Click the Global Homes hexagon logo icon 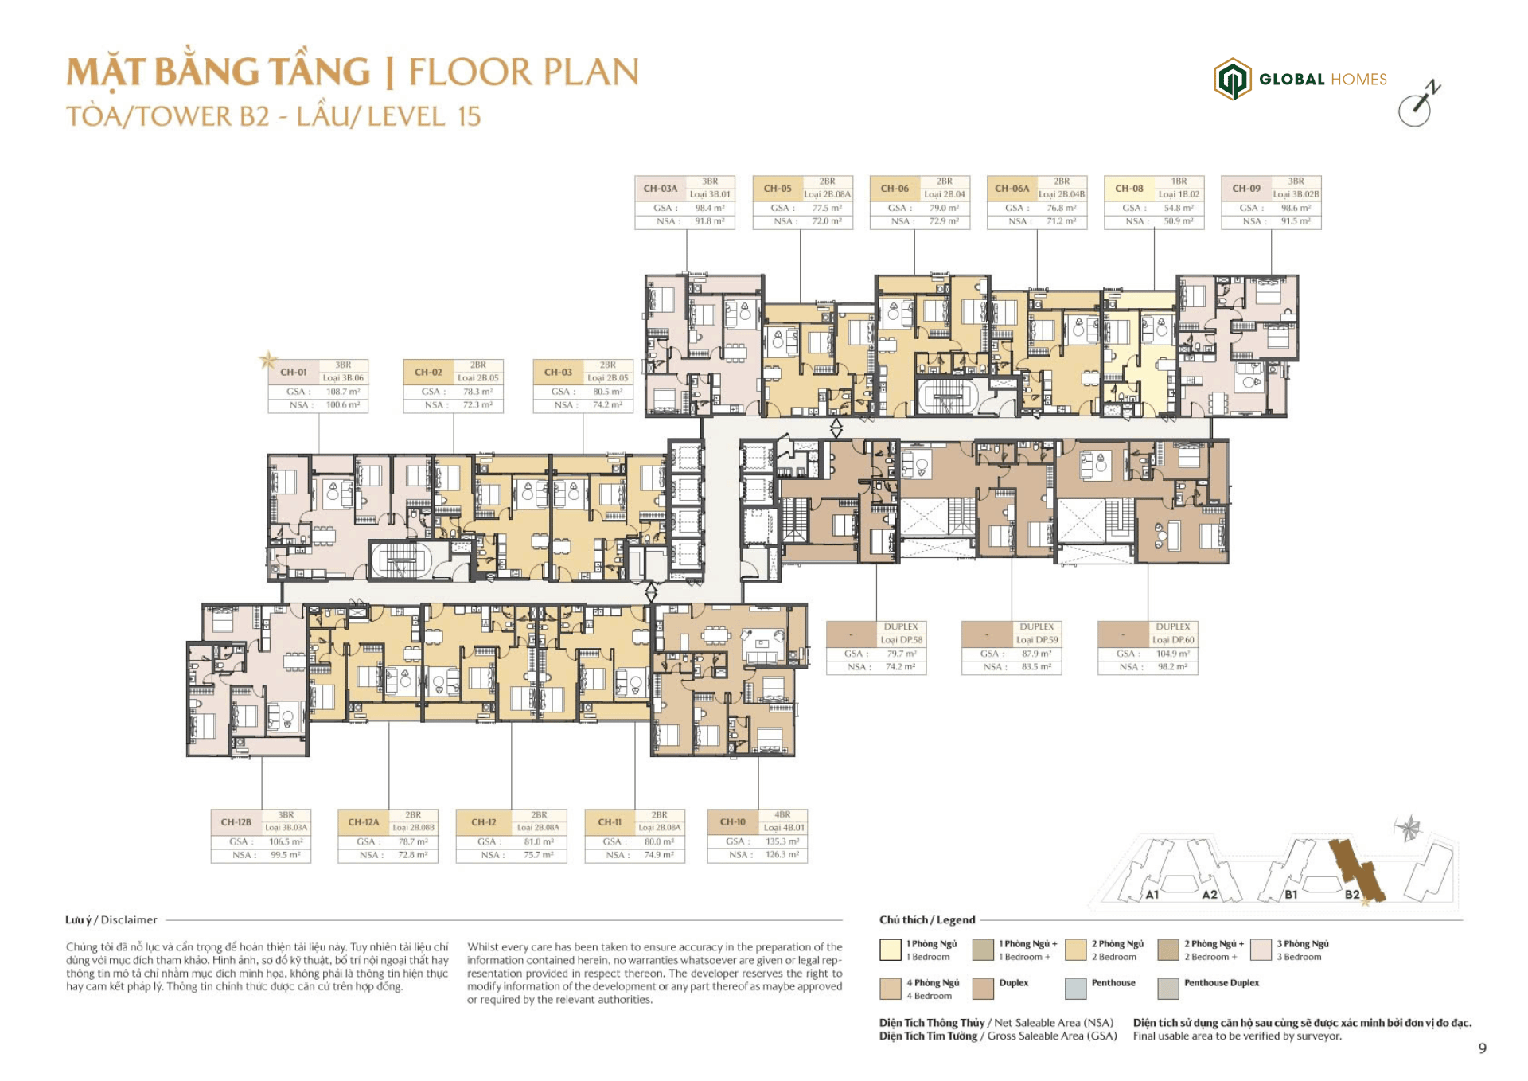1232,79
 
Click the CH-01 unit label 293,372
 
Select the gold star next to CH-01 268,361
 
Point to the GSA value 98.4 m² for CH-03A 709,208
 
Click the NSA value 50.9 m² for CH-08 1178,221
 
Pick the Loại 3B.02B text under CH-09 1296,194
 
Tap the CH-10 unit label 732,821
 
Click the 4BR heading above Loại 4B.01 782,814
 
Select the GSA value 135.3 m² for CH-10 782,841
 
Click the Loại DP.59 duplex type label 1036,640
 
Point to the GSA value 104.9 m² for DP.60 1172,654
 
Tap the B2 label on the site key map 1351,894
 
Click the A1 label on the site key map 1152,895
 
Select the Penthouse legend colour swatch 1075,989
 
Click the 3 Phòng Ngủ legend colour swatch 1261,950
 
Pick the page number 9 1482,1048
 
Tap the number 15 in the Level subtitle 469,117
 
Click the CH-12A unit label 363,821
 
